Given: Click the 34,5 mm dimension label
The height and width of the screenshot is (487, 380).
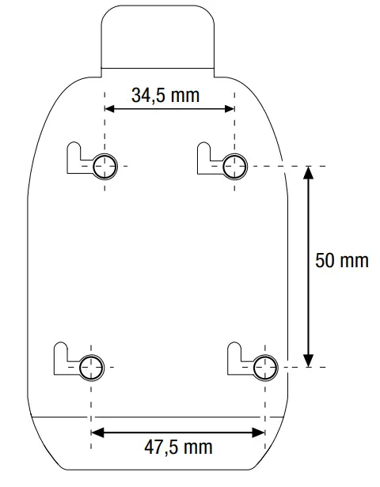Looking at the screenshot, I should (165, 95).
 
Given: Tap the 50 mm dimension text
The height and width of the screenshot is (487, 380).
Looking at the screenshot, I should (341, 260).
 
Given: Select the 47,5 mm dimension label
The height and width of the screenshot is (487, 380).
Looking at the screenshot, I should (178, 447).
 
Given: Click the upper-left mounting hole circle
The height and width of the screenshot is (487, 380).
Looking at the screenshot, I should (104, 166).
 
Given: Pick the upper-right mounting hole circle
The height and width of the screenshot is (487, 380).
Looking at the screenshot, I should (234, 166).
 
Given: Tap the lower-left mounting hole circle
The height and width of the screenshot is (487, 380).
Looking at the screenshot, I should (92, 367).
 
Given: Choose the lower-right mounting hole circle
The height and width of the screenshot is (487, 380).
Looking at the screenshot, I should (264, 367).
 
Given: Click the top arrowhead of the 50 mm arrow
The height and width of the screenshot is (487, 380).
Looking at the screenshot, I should (309, 176).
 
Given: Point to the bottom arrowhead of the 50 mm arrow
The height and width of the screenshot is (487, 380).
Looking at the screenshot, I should (309, 357).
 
